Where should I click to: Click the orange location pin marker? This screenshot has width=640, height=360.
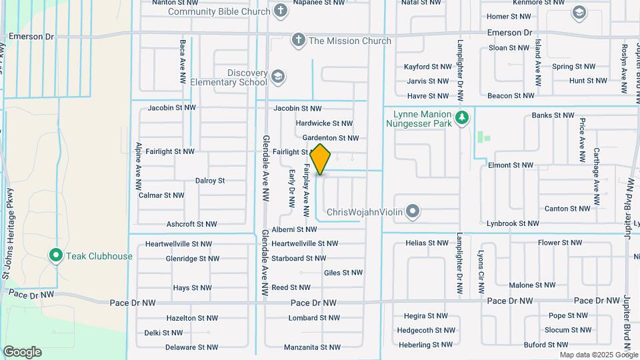[321, 159]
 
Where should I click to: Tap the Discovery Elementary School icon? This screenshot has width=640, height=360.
[277, 77]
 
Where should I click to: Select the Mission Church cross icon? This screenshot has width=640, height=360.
[298, 41]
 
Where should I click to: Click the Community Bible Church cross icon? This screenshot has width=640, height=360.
[281, 11]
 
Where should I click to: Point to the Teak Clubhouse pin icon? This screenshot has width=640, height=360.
[56, 255]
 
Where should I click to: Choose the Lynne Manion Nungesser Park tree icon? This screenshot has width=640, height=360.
[462, 118]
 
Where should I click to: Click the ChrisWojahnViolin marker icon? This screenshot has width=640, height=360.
[413, 212]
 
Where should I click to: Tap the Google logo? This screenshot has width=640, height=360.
[22, 352]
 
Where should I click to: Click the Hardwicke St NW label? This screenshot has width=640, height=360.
[324, 123]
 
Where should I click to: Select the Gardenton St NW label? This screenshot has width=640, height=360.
[330, 138]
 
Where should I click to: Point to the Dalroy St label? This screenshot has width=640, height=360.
[210, 181]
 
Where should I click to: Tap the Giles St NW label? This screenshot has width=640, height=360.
[343, 273]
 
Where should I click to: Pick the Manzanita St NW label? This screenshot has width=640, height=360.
[312, 347]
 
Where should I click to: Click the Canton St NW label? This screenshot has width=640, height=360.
[567, 209]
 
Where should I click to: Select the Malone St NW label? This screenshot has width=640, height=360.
[531, 285]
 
